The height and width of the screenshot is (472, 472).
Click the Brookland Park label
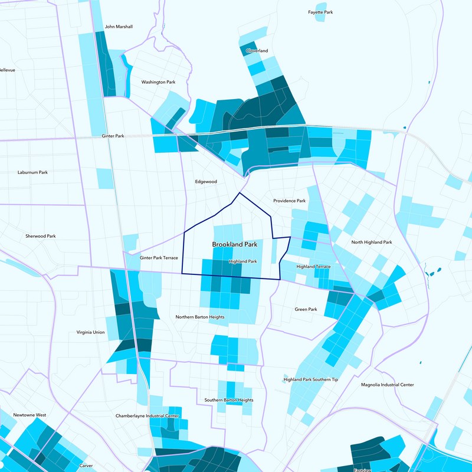coord(235,244)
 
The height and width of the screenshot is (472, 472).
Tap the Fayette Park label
coord(320,12)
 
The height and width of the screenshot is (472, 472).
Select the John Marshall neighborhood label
coord(119,27)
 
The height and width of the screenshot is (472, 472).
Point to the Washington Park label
coord(158,82)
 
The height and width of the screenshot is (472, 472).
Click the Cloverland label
coord(257,51)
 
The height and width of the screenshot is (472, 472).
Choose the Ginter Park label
coord(113,136)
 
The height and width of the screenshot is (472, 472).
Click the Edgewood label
coord(206,182)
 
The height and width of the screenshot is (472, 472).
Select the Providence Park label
coord(289,201)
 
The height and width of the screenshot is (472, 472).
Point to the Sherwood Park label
coord(40,236)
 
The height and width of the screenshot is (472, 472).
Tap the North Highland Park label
coord(371,242)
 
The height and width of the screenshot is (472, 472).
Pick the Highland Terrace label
coord(313,267)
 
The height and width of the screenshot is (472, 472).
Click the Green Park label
coord(306,309)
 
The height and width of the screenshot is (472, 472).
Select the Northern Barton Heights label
coord(200,317)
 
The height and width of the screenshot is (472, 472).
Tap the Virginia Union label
coord(90,332)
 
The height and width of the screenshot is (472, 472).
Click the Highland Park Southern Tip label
coord(310,379)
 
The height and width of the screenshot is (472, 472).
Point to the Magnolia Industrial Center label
coord(387,385)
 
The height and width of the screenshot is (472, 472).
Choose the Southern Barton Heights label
coord(229,400)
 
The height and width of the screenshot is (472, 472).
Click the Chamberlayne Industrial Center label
coord(147,416)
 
